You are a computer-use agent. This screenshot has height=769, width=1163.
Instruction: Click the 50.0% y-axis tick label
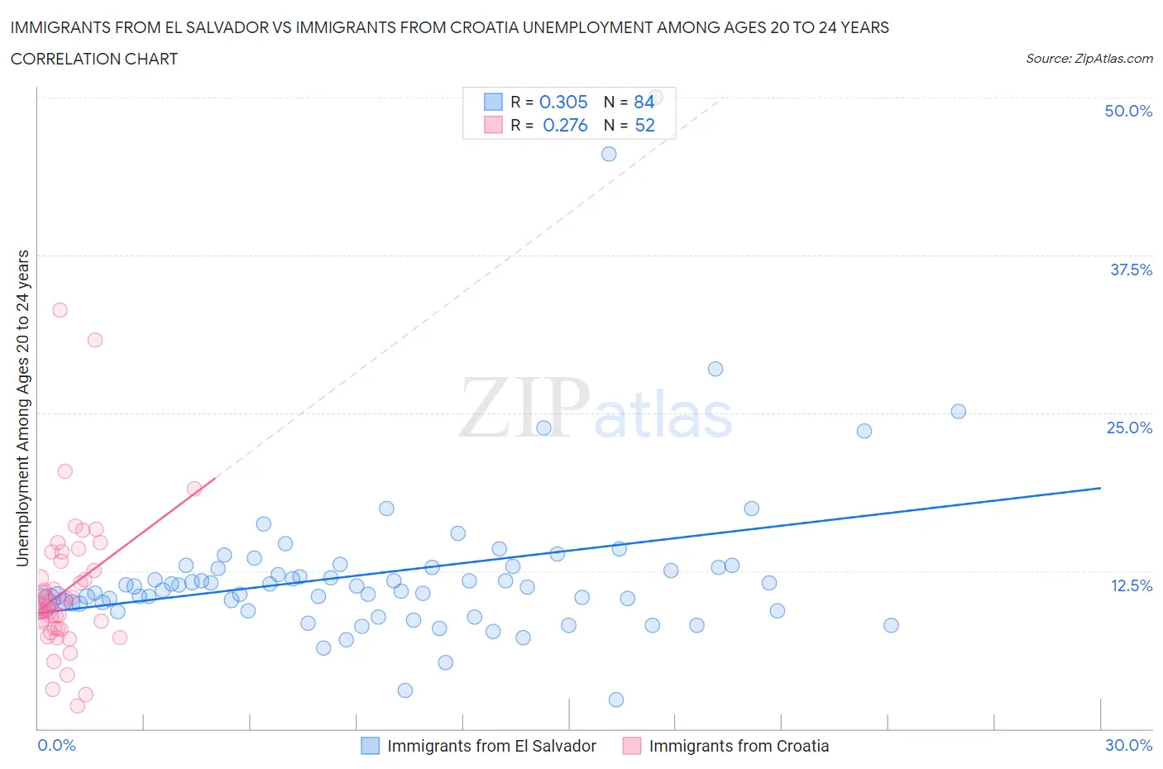pyautogui.click(x=1128, y=111)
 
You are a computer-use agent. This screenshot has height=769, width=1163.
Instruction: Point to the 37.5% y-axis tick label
pyautogui.click(x=1131, y=270)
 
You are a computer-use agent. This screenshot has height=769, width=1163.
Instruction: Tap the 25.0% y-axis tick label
pyautogui.click(x=1129, y=427)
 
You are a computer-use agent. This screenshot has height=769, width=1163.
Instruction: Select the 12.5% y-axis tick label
pyautogui.click(x=1131, y=585)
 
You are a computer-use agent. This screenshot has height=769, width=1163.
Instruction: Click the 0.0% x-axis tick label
pyautogui.click(x=56, y=745)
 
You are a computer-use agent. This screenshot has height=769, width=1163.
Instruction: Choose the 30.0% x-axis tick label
pyautogui.click(x=1128, y=745)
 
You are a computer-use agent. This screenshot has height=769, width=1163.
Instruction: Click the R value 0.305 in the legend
pyautogui.click(x=563, y=102)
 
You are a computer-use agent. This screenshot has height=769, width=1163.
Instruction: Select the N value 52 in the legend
pyautogui.click(x=644, y=125)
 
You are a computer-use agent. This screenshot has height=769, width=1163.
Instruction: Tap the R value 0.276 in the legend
pyautogui.click(x=565, y=125)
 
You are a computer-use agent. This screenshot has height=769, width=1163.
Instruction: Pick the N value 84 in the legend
pyautogui.click(x=644, y=102)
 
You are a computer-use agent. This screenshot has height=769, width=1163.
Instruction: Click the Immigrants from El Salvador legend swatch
pyautogui.click(x=370, y=746)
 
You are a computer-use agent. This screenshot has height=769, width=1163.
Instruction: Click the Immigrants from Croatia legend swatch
pyautogui.click(x=632, y=746)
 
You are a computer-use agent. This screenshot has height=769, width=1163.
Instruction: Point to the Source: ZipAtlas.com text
pyautogui.click(x=1089, y=59)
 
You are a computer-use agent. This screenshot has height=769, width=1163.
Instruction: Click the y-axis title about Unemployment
pyautogui.click(x=22, y=408)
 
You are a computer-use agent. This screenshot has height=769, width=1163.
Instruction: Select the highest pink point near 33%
pyautogui.click(x=60, y=310)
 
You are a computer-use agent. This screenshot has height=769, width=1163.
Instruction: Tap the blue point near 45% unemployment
pyautogui.click(x=609, y=154)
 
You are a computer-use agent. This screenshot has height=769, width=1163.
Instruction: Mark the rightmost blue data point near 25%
pyautogui.click(x=958, y=411)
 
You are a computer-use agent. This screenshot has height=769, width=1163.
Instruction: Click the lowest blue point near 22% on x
pyautogui.click(x=615, y=700)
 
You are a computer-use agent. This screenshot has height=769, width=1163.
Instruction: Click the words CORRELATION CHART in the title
pyautogui.click(x=94, y=59)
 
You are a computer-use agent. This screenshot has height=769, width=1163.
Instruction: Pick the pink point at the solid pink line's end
pyautogui.click(x=194, y=489)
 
